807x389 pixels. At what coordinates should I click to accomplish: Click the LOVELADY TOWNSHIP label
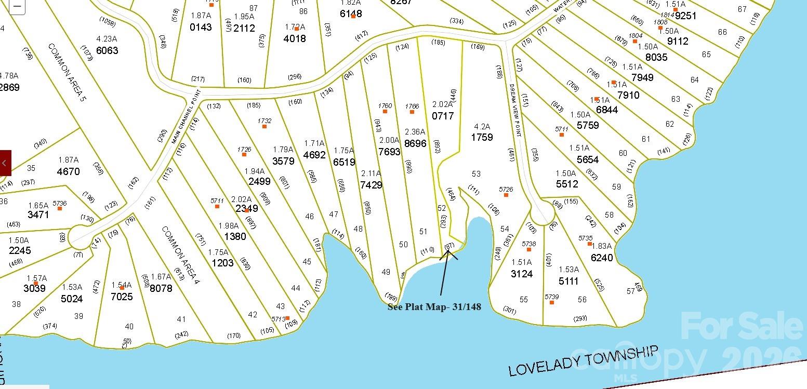[583, 361]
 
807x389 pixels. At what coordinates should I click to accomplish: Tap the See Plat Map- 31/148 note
[434, 307]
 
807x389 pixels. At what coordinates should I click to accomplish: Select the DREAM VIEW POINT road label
[515, 110]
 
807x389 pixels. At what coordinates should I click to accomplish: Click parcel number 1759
[482, 137]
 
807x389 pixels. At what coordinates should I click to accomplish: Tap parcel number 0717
[443, 116]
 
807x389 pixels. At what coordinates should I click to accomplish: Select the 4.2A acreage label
[482, 126]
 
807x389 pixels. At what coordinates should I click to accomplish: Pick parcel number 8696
[415, 143]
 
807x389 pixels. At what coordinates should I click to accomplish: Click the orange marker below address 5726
[506, 195]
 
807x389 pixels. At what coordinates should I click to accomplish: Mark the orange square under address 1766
[412, 112]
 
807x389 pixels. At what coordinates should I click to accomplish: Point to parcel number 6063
[107, 50]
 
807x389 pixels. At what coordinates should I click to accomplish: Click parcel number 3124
[521, 274]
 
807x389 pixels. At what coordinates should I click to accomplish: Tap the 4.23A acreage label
[107, 38]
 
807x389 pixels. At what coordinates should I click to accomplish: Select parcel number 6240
[602, 258]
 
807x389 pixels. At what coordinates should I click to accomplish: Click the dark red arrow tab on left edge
[5, 163]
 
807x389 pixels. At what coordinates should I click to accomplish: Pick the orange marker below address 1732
[264, 126]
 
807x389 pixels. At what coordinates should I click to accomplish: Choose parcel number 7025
[122, 297]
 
